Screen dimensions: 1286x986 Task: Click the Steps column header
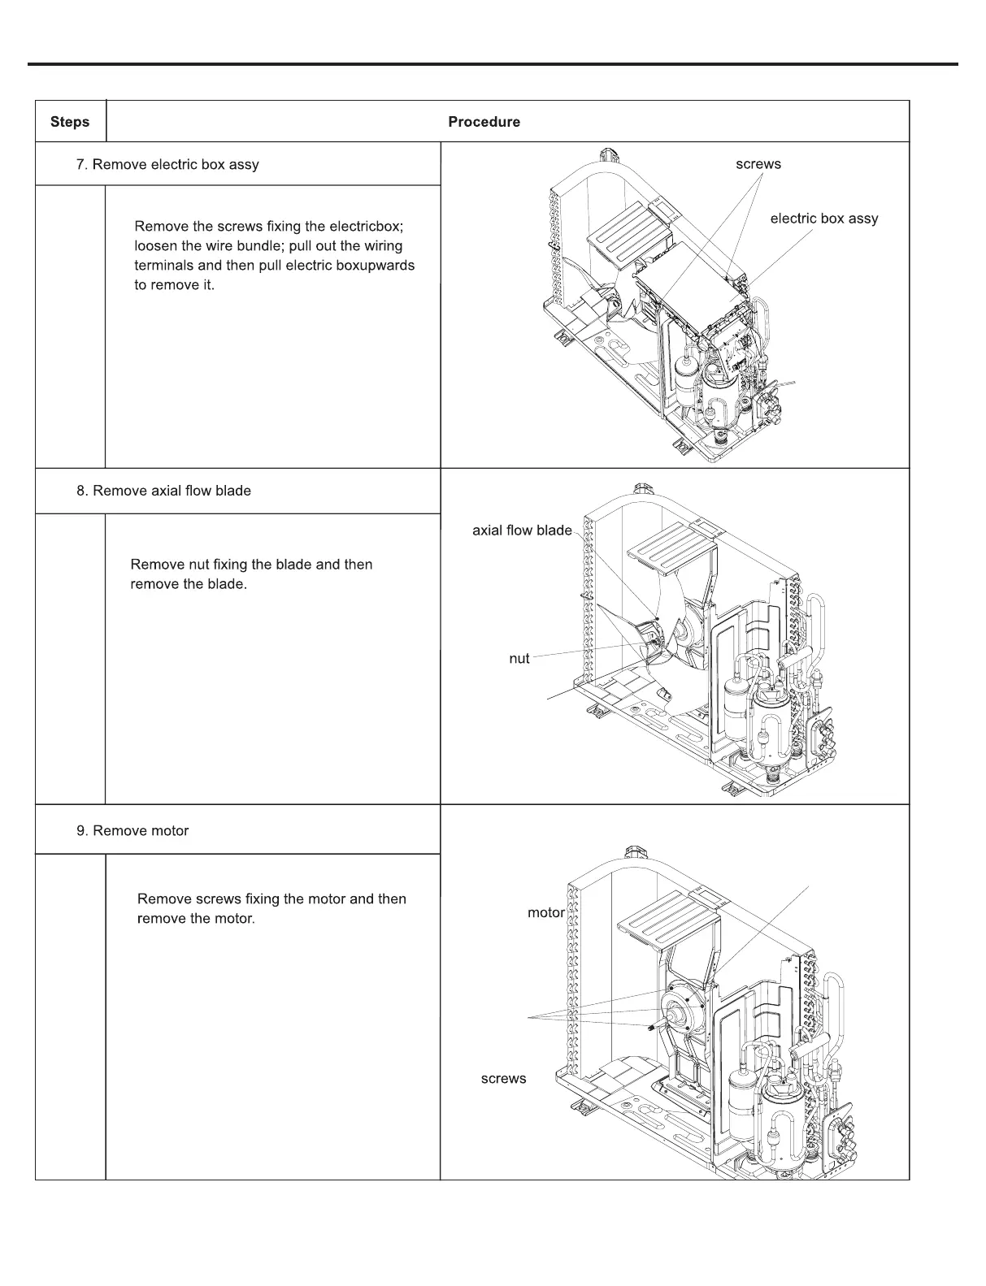pyautogui.click(x=70, y=122)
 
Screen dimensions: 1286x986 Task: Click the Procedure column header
pyautogui.click(x=484, y=122)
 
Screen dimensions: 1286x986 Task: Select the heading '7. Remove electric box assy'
pyautogui.click(x=167, y=165)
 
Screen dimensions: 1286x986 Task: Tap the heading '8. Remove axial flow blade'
pyautogui.click(x=163, y=491)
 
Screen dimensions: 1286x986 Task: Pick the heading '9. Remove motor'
pyautogui.click(x=132, y=831)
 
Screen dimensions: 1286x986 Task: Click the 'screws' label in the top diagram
pyautogui.click(x=758, y=164)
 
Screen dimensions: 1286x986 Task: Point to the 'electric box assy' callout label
pyautogui.click(x=823, y=219)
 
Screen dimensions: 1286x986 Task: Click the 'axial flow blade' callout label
pyautogui.click(x=522, y=530)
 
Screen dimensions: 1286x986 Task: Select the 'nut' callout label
pyautogui.click(x=519, y=659)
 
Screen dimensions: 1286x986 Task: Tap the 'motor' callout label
pyautogui.click(x=545, y=912)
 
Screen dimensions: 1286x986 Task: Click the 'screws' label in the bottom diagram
pyautogui.click(x=503, y=1079)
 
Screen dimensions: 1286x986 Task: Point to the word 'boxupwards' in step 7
pyautogui.click(x=376, y=266)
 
